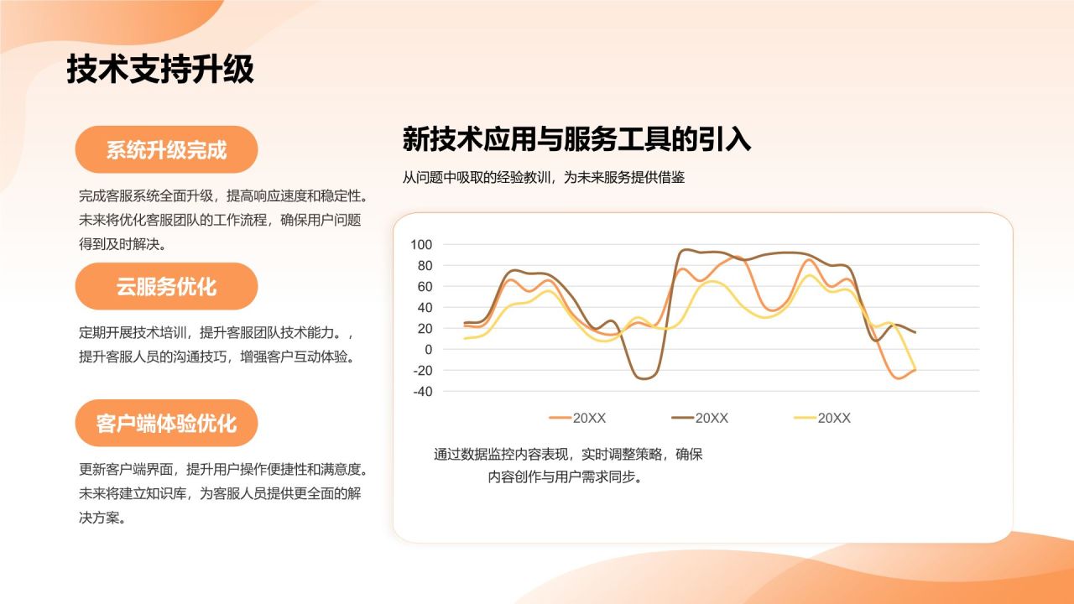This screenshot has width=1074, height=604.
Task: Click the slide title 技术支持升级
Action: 160,69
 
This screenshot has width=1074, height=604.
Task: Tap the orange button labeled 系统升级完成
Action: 166,149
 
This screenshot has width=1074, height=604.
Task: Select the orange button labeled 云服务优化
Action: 166,286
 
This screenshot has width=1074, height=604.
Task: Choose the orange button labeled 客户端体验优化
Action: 166,424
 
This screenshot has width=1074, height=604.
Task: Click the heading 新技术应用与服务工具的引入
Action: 576,139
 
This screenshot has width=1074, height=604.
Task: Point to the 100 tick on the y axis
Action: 421,244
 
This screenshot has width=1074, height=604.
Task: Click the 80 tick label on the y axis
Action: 425,266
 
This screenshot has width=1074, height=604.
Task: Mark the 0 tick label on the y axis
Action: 428,350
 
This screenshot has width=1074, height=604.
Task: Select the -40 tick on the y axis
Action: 422,392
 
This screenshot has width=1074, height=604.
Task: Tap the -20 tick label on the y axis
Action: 422,371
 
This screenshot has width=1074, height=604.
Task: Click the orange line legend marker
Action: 560,418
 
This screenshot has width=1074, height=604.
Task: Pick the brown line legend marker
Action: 682,418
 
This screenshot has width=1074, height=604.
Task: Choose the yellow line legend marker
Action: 805,418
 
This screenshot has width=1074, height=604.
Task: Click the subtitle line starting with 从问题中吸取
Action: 543,177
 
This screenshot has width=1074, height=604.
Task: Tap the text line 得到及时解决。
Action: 123,244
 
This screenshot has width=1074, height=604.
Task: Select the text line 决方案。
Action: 102,518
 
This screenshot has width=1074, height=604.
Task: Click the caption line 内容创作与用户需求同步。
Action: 565,477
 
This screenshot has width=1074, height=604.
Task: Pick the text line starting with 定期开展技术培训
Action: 216,332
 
